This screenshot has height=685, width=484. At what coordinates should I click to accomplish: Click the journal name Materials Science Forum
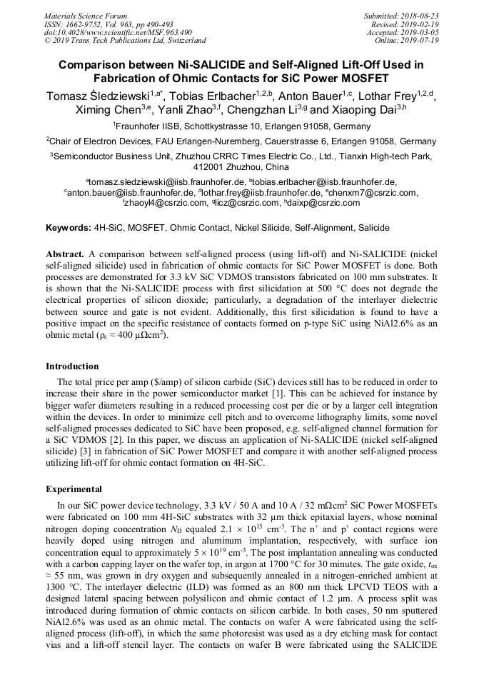tap(86, 16)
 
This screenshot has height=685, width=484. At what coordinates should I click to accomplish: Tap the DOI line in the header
tap(118, 32)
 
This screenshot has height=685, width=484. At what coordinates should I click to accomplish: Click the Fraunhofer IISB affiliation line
tap(242, 126)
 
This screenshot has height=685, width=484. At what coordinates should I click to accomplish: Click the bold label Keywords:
tap(68, 228)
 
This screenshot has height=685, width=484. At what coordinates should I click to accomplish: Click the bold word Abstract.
tap(65, 254)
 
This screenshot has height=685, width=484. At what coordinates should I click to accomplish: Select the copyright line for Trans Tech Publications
tap(125, 41)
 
